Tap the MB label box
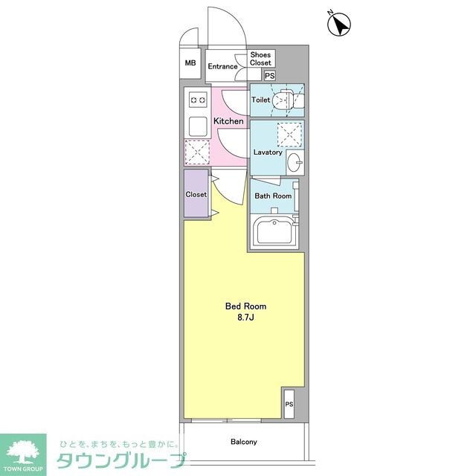[190, 63]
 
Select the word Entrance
[222, 67]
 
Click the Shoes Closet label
[261, 59]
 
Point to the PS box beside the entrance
[269, 76]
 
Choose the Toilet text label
[261, 100]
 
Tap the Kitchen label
[228, 121]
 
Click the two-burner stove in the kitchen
[198, 98]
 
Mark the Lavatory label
[268, 152]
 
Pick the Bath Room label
[273, 196]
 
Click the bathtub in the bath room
[274, 231]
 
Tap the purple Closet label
[196, 195]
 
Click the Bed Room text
[245, 306]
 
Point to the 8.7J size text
[245, 318]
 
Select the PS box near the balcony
[289, 404]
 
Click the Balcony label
[244, 442]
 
